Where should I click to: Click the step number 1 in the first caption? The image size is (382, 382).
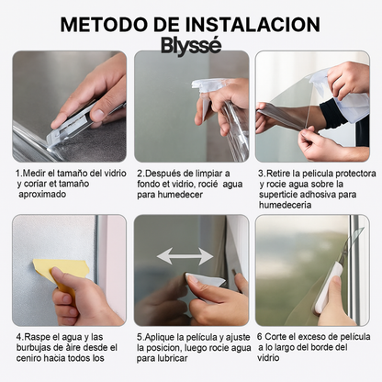click(x=18, y=173)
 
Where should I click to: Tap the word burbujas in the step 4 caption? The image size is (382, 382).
click(x=36, y=348)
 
